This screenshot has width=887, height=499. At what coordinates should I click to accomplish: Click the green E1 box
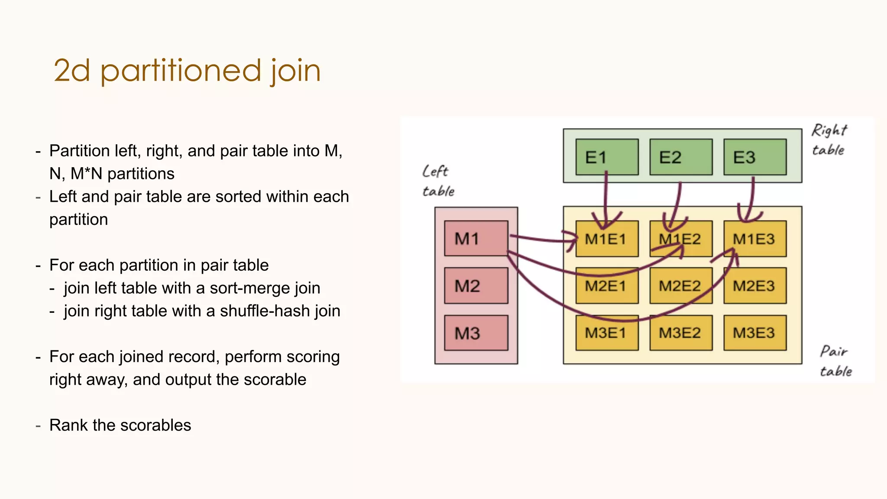click(x=607, y=157)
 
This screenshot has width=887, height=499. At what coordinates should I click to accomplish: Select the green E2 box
click(x=681, y=157)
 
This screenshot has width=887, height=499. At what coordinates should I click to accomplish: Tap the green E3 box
click(x=755, y=157)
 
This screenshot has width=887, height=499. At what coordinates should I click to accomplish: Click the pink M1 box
click(x=476, y=238)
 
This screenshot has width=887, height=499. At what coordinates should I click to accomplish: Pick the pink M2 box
click(x=476, y=285)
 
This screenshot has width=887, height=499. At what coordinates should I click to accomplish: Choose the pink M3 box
click(x=476, y=333)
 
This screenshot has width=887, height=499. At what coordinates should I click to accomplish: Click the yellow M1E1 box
click(x=607, y=239)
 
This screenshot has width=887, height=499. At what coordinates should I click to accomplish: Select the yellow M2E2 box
click(x=681, y=286)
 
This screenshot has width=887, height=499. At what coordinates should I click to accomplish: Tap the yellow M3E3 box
click(x=755, y=333)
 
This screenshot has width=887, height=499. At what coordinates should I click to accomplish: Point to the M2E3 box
click(x=755, y=286)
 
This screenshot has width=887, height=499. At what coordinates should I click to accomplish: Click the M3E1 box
click(x=607, y=333)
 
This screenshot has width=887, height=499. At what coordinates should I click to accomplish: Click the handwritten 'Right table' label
click(x=829, y=139)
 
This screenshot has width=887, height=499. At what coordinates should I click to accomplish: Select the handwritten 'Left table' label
click(x=437, y=181)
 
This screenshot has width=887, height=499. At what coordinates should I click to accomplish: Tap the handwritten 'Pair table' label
click(x=835, y=361)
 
